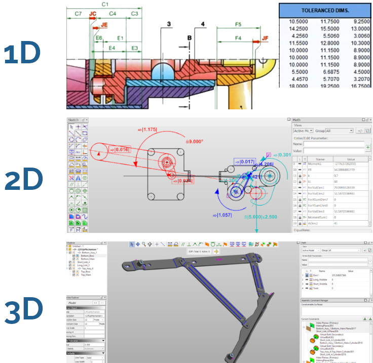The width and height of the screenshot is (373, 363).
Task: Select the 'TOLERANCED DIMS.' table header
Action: click(326, 10)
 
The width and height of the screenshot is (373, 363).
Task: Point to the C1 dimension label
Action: click(105, 5)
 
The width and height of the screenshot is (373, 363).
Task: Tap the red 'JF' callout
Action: click(266, 38)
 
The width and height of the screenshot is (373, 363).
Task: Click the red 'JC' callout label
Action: click(93, 14)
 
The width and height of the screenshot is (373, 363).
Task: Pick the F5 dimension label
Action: click(238, 24)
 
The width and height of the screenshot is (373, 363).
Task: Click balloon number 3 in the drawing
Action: click(168, 24)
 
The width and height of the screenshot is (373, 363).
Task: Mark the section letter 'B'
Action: click(189, 38)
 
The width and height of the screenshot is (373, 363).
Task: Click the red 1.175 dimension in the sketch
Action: click(147, 130)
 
